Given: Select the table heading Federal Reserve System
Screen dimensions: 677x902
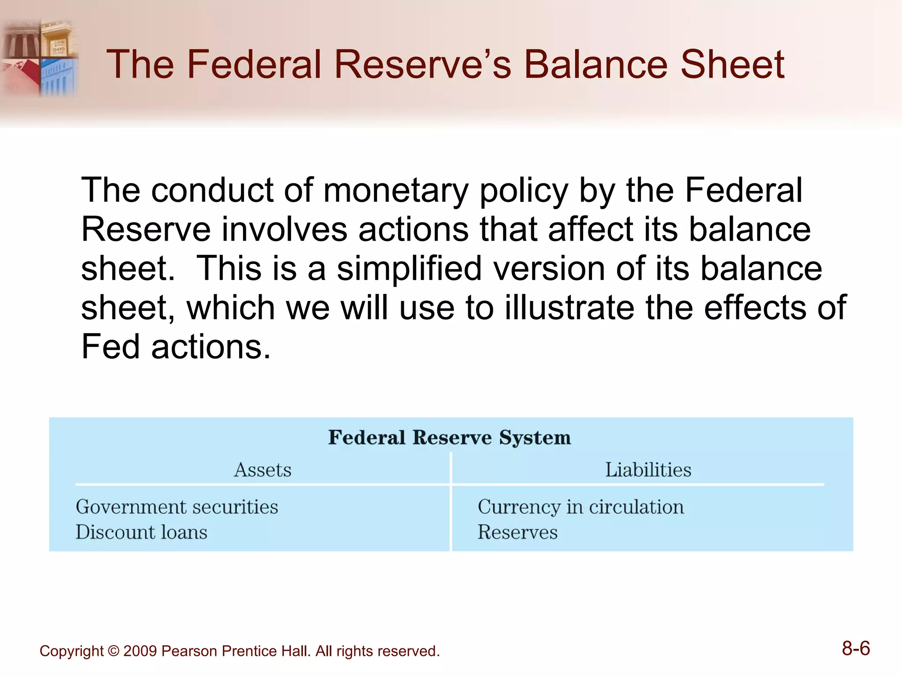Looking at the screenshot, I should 449,438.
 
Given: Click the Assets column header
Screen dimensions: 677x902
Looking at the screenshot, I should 262,470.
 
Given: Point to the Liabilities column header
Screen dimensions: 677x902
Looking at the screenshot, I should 648,470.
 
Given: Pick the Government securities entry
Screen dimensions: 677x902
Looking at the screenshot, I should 177,507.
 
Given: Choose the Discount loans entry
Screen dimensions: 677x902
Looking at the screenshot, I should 141,532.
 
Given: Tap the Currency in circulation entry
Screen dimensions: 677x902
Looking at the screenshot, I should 580,507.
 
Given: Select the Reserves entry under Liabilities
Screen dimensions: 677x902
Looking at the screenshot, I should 518,532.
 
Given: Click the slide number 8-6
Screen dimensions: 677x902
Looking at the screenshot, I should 856,649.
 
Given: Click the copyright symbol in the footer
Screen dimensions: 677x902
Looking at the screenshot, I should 113,651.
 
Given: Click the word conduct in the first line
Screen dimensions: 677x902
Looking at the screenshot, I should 212,191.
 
